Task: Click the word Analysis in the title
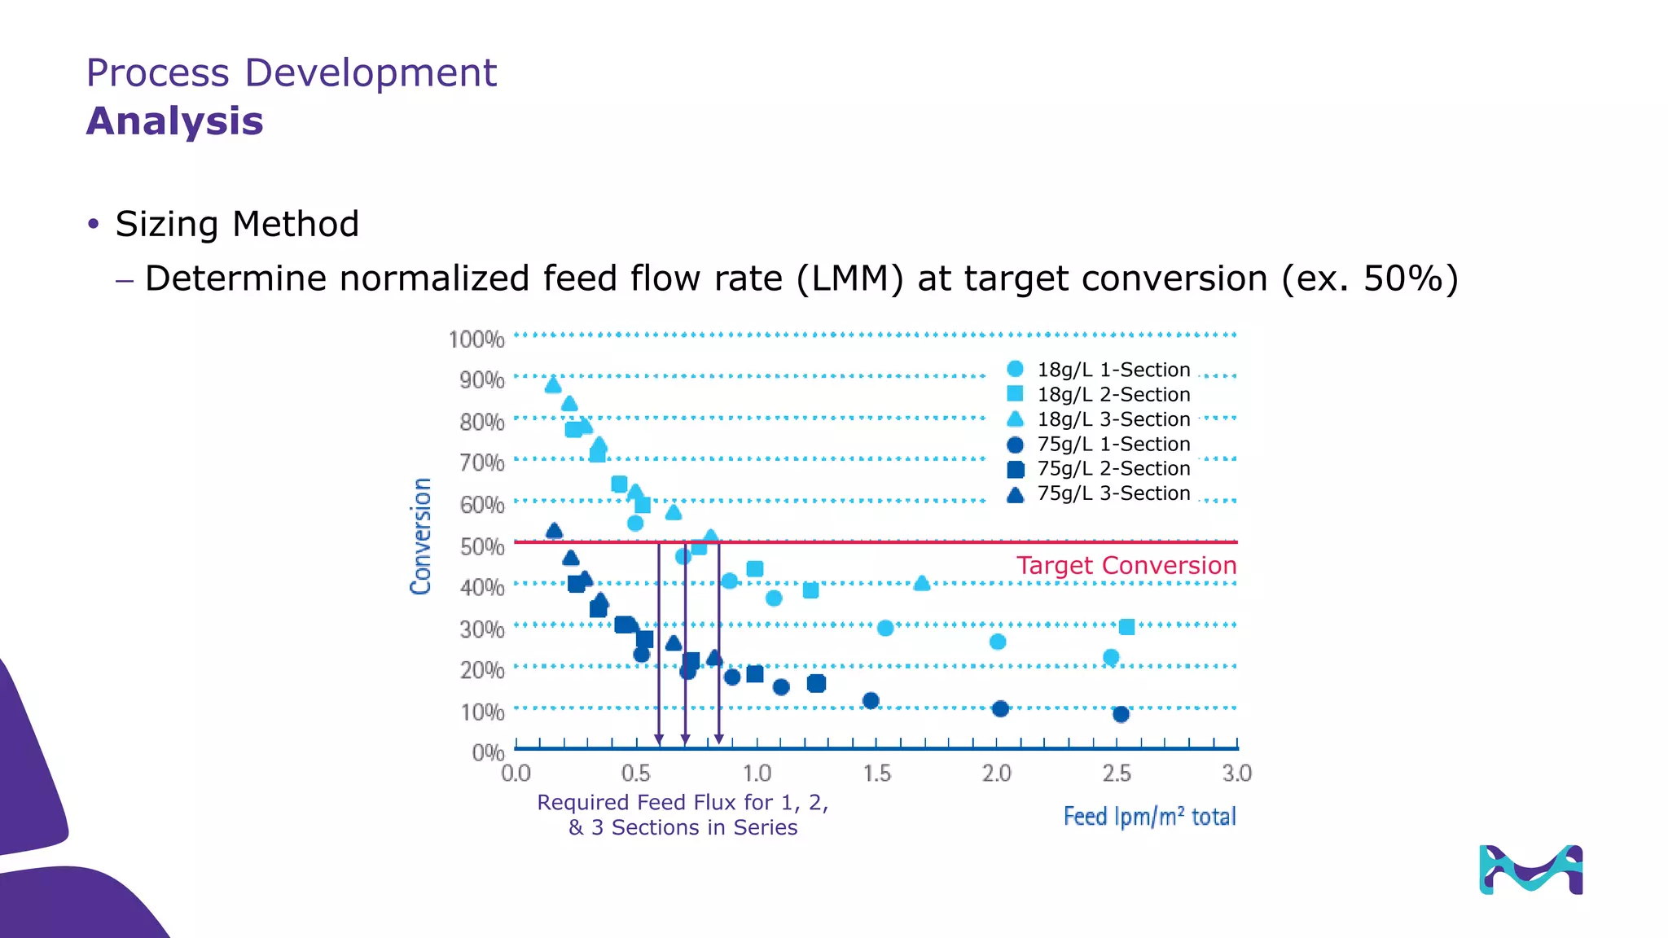click(x=174, y=121)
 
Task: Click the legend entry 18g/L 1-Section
click(x=1113, y=370)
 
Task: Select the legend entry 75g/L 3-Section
click(x=1113, y=493)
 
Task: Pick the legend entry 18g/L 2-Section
click(x=1113, y=395)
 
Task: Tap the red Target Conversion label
click(x=1126, y=565)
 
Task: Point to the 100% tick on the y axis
click(x=476, y=339)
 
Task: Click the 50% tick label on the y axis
click(x=481, y=546)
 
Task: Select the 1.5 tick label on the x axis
click(x=877, y=773)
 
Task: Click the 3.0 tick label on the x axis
click(x=1236, y=773)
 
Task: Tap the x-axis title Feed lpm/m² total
click(x=1149, y=817)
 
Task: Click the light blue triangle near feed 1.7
click(x=921, y=583)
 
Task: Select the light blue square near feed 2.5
click(x=1126, y=627)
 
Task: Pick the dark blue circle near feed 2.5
click(x=1121, y=714)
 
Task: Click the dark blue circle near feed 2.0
click(x=1000, y=708)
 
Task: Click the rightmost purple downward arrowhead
click(x=718, y=739)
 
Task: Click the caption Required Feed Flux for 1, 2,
click(x=683, y=803)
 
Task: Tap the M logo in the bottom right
click(x=1530, y=870)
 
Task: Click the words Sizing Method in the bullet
click(x=237, y=224)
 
